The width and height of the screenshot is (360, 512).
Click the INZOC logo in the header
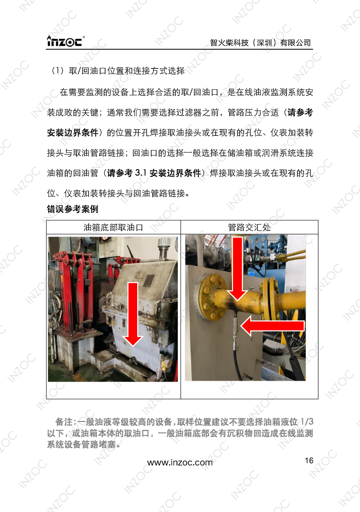[x=65, y=41]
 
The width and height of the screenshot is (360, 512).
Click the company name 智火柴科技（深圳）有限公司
[x=260, y=43]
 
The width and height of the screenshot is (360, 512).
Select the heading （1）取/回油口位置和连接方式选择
[x=118, y=71]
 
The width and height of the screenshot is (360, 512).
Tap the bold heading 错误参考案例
[x=72, y=209]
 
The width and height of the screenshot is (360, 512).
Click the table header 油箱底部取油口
[x=113, y=228]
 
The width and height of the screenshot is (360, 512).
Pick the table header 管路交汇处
[x=249, y=228]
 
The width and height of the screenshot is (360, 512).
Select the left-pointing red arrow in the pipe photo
[x=272, y=326]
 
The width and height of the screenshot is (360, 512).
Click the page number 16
[x=309, y=461]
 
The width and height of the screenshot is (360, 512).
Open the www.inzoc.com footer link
[x=180, y=463]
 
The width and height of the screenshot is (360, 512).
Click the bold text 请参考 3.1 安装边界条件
[x=154, y=173]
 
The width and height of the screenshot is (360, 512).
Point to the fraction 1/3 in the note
[x=307, y=422]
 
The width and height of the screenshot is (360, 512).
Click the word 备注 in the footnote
[x=64, y=422]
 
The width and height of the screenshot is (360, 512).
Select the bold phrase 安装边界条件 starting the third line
[x=73, y=133]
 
